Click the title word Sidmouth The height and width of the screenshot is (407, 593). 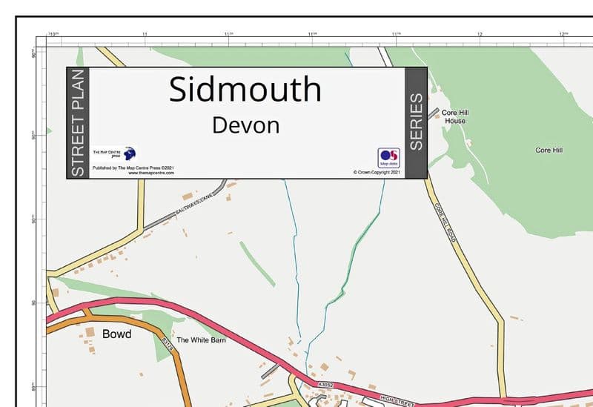pyautogui.click(x=245, y=90)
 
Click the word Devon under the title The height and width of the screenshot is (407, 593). pyautogui.click(x=245, y=125)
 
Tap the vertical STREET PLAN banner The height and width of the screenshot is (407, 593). pyautogui.click(x=78, y=123)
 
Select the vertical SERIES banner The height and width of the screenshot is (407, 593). pyautogui.click(x=416, y=122)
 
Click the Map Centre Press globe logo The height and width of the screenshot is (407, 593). pyautogui.click(x=130, y=154)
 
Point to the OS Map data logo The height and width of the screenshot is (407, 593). pyautogui.click(x=388, y=157)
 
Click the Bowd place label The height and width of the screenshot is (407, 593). pyautogui.click(x=116, y=334)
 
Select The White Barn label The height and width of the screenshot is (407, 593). pyautogui.click(x=200, y=340)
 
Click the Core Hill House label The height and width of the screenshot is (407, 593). pyautogui.click(x=455, y=116)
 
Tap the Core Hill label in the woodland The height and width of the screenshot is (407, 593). pyautogui.click(x=549, y=150)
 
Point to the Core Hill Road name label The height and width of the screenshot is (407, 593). pyautogui.click(x=447, y=220)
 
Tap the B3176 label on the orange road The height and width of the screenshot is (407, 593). pyautogui.click(x=168, y=348)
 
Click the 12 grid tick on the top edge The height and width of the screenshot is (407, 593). pyautogui.click(x=480, y=34)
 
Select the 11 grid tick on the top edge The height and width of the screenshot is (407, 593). pyautogui.click(x=145, y=34)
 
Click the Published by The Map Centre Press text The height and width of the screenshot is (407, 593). pyautogui.click(x=131, y=168)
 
